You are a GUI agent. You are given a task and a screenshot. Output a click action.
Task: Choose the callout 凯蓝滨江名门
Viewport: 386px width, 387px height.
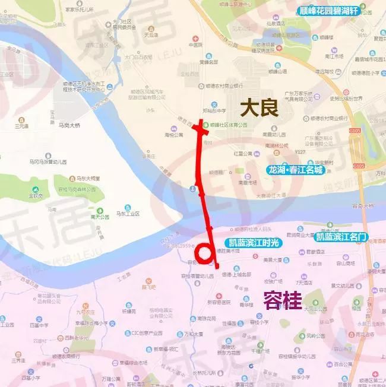coord(341,236)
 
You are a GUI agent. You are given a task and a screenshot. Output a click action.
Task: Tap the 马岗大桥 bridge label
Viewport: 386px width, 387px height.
coord(69,125)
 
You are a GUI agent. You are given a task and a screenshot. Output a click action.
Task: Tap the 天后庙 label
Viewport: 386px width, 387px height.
coord(136,35)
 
